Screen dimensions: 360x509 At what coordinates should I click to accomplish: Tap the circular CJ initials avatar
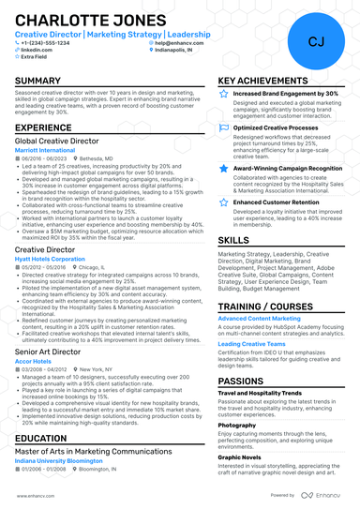click(315, 41)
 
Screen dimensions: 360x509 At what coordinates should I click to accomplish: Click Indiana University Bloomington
click(61, 461)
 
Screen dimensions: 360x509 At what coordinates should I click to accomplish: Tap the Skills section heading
click(233, 240)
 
